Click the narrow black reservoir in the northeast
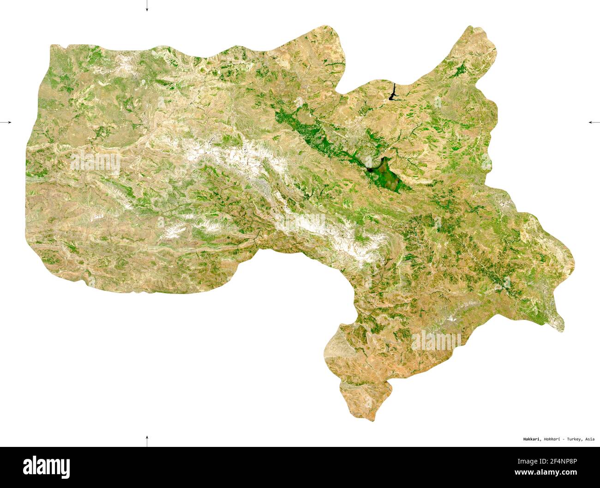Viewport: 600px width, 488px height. [x=392, y=92]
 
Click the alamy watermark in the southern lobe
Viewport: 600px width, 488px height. [x=436, y=340]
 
